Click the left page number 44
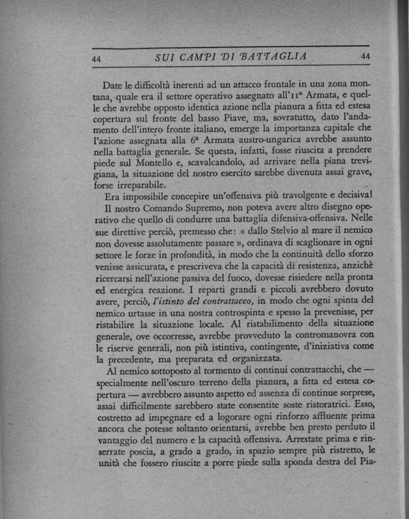pyautogui.click(x=97, y=59)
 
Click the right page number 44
pyautogui.click(x=365, y=56)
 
